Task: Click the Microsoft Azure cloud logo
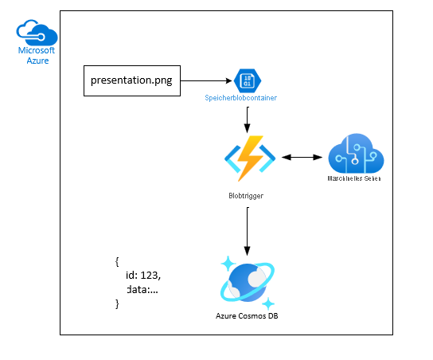[x=37, y=33]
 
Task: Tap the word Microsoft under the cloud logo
[x=37, y=50]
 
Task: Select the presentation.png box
[x=132, y=80]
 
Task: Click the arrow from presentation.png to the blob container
[x=206, y=80]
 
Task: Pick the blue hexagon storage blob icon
[x=248, y=80]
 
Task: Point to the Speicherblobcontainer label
[x=240, y=98]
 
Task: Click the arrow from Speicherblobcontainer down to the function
[x=248, y=119]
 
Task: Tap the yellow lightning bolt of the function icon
[x=250, y=158]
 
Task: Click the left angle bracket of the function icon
[x=232, y=158]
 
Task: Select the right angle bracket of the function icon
[x=267, y=158]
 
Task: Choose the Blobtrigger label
[x=246, y=196]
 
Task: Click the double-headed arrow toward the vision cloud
[x=302, y=157]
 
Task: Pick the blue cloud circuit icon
[x=356, y=154]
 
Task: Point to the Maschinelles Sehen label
[x=354, y=178]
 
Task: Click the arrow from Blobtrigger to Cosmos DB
[x=248, y=232]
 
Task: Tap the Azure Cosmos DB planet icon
[x=248, y=283]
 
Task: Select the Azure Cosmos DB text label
[x=247, y=315]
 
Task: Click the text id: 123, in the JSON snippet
[x=143, y=276]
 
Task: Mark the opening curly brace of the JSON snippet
[x=117, y=262]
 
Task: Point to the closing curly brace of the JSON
[x=117, y=303]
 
